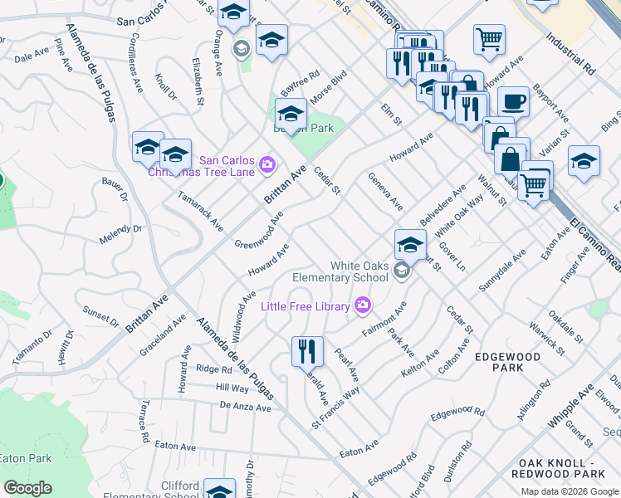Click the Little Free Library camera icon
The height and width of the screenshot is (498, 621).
(362, 306)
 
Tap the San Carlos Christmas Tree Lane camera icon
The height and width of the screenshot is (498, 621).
(267, 164)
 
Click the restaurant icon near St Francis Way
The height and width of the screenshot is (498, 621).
(307, 350)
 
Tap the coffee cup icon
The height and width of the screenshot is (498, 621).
(513, 101)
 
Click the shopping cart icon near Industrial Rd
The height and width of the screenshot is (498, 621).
(489, 38)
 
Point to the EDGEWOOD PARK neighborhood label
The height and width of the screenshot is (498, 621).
(507, 362)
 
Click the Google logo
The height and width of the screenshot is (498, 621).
(27, 488)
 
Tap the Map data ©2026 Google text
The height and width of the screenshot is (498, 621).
(570, 491)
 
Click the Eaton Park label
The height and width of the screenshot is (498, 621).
(25, 458)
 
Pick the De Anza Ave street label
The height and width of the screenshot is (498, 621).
(246, 408)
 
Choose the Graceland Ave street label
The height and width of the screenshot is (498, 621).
(163, 336)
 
